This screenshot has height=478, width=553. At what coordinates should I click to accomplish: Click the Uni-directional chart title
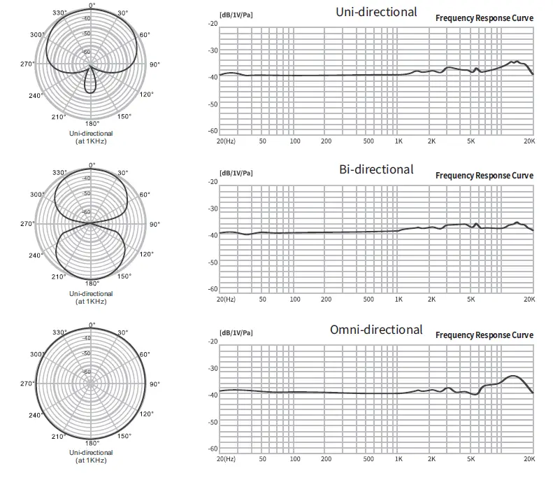(x=376, y=11)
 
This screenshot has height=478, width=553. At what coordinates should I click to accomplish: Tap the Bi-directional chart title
(x=376, y=169)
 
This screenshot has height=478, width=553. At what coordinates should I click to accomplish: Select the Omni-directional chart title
(x=376, y=329)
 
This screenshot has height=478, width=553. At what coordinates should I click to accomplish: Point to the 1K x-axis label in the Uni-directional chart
(x=398, y=141)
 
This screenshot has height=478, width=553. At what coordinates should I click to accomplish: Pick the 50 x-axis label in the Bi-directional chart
(x=262, y=299)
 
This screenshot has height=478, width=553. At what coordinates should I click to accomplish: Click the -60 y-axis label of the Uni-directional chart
(x=213, y=131)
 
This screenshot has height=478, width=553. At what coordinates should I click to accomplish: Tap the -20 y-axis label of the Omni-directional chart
(x=213, y=342)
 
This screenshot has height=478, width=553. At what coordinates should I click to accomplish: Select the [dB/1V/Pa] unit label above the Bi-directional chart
(x=236, y=174)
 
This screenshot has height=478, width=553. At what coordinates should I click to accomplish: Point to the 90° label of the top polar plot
(x=155, y=64)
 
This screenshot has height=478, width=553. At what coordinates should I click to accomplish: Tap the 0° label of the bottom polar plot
(x=92, y=325)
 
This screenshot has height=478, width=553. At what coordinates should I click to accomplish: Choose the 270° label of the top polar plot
(x=27, y=64)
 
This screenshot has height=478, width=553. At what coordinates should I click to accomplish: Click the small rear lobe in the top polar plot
(x=90, y=83)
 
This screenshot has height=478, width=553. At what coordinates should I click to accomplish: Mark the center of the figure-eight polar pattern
(x=90, y=223)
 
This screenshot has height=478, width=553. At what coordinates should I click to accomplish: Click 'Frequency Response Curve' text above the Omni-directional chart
(x=484, y=335)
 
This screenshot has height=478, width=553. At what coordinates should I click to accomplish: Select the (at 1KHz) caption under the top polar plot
(x=91, y=141)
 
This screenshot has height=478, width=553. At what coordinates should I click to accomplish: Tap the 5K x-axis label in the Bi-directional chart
(x=471, y=299)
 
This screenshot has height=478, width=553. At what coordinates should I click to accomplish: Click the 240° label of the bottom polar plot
(x=36, y=415)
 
